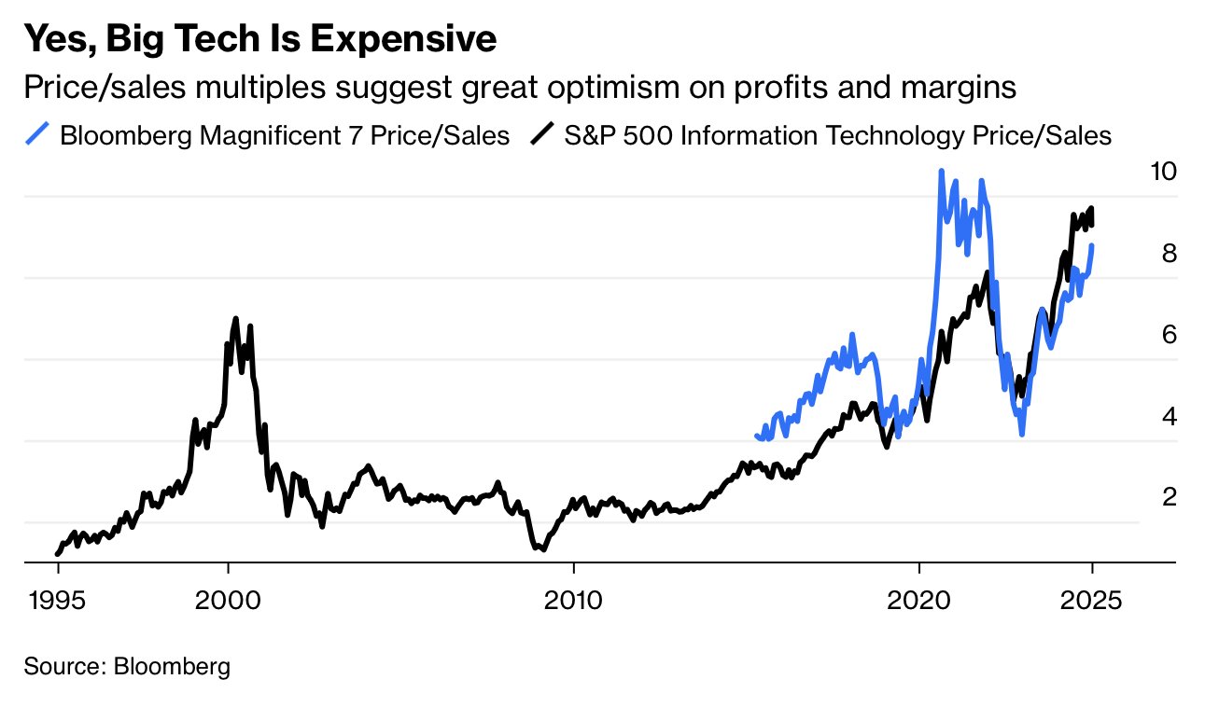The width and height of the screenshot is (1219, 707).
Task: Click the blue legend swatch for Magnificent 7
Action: click(x=37, y=136)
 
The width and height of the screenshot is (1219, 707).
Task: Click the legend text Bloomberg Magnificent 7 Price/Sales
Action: click(x=285, y=136)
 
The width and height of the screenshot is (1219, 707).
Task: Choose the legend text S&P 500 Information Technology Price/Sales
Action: click(x=838, y=136)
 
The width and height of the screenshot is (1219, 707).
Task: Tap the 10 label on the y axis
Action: click(x=1163, y=172)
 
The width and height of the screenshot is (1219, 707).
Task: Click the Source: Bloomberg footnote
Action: click(x=127, y=667)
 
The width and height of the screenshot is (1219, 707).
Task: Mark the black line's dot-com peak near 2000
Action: click(x=235, y=320)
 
